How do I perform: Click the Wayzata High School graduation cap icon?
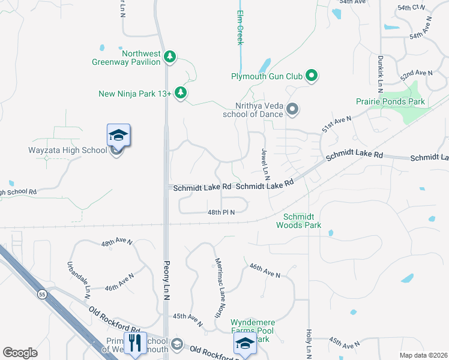tap(118, 136)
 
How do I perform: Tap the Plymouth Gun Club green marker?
tap(311, 76)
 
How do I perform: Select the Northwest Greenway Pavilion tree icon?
tap(170, 56)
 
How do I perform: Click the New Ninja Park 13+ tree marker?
tap(181, 93)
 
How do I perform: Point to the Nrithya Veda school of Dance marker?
tap(292, 109)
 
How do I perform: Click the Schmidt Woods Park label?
tap(298, 221)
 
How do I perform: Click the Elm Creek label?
tap(240, 28)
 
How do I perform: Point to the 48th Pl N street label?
tap(221, 212)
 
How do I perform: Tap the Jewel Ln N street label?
tap(265, 164)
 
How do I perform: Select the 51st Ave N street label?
tap(336, 125)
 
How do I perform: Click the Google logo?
tap(20, 353)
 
